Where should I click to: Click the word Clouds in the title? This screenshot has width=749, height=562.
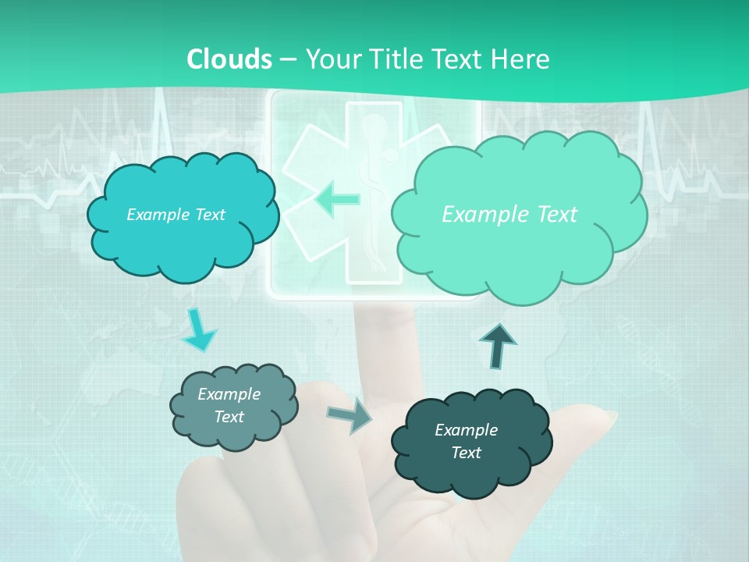coord(229,59)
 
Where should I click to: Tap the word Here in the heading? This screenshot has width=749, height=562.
coord(521,59)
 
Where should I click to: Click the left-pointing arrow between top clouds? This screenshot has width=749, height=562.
coord(337,199)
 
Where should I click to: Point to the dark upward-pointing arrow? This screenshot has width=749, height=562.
coord(498,346)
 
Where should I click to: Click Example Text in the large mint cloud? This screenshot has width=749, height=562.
coord(509,215)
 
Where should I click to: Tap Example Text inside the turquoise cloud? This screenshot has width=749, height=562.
coord(176,215)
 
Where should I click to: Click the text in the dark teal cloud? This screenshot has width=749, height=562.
coord(466,441)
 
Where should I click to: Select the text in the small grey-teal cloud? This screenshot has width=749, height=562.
coord(229,405)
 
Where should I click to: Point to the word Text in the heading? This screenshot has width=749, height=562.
coord(460,59)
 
